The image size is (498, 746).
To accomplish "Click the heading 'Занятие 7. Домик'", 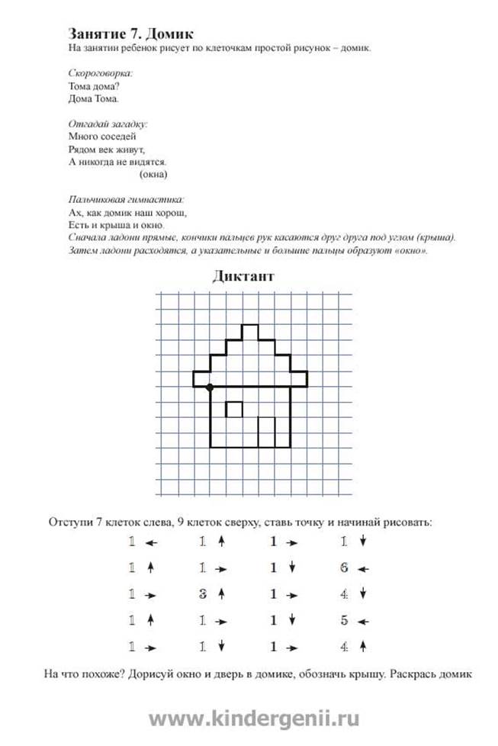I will click(130, 34).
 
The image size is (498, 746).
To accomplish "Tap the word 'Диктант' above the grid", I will click(243, 276).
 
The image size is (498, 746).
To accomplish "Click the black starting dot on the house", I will click(210, 387).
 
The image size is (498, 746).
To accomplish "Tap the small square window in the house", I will click(235, 410).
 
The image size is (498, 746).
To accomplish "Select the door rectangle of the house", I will click(267, 432).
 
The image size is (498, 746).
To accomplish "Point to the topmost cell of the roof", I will click(250, 331).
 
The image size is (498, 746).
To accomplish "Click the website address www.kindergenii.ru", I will click(254, 718).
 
